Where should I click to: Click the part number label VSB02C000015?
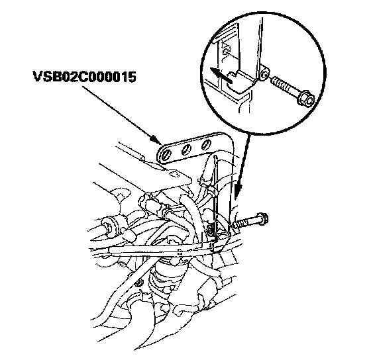click(x=84, y=77)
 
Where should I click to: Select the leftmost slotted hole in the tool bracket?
click(x=166, y=155)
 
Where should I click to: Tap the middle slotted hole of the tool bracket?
click(x=186, y=150)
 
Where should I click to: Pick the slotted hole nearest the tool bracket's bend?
click(x=207, y=144)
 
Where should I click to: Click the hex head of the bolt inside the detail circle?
click(x=305, y=98)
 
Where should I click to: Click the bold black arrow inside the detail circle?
click(x=221, y=75)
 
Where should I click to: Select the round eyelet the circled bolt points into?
click(x=264, y=74)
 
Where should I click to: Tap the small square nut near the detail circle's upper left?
click(x=226, y=52)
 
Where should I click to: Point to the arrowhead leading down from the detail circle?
click(x=238, y=190)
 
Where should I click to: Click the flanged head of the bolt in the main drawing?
click(x=262, y=218)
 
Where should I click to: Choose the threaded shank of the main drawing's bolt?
click(x=244, y=224)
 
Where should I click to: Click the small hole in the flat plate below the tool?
click(x=174, y=174)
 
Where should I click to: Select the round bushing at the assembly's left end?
click(x=109, y=226)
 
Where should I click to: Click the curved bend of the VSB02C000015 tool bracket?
click(x=227, y=140)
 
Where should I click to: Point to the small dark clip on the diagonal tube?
click(x=139, y=282)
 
